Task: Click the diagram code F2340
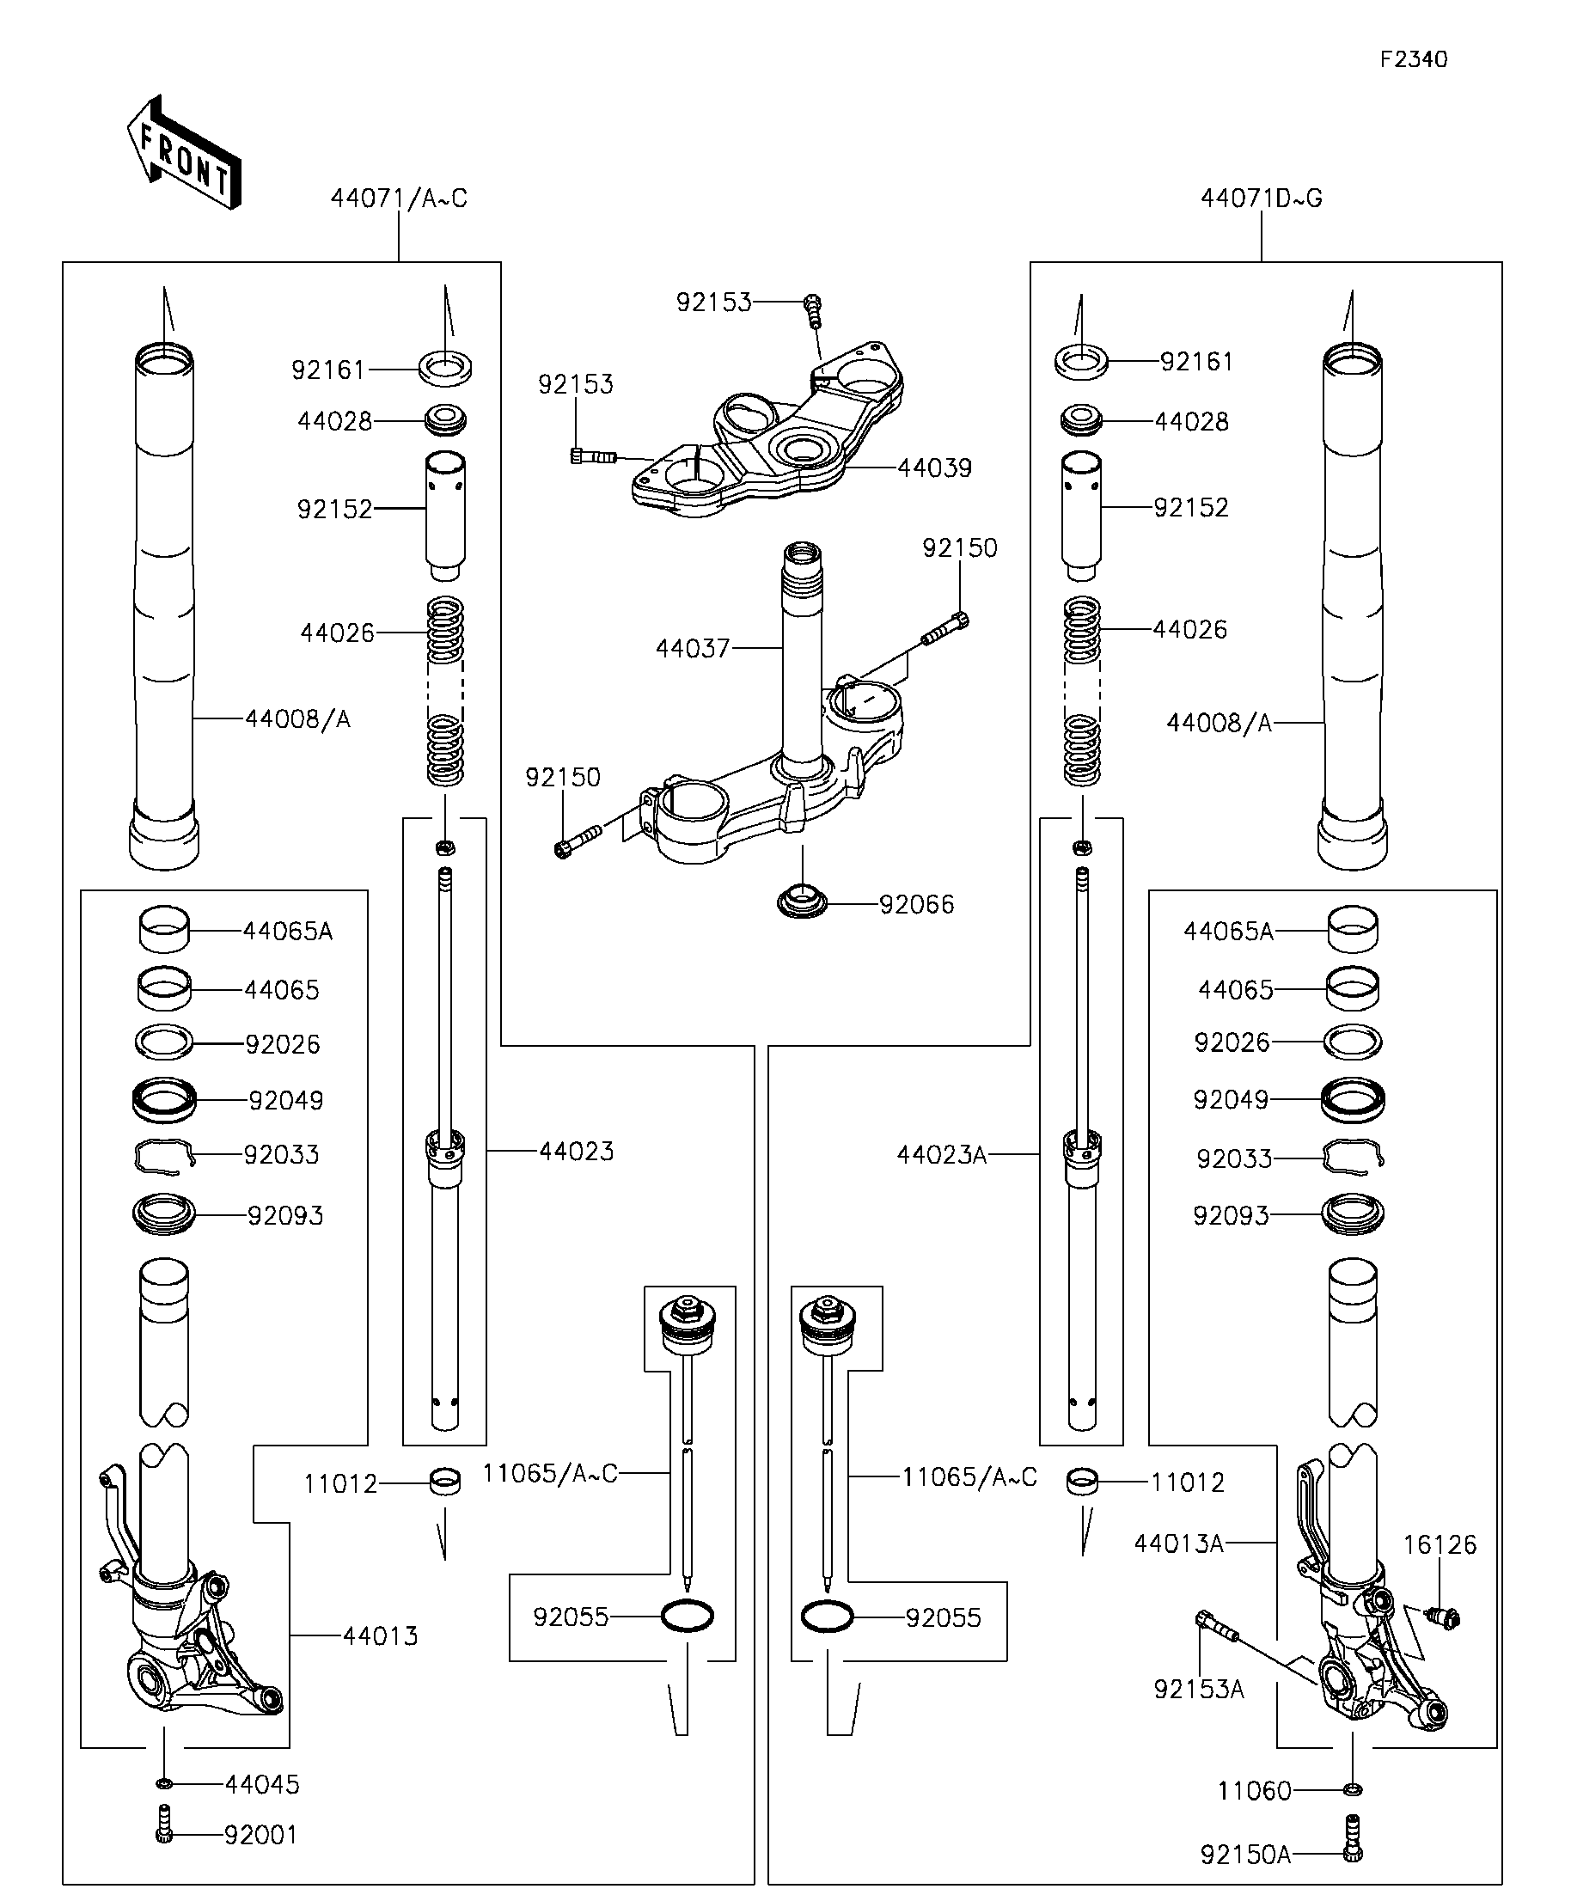1413,59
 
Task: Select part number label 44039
934,468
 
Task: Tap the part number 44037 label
692,649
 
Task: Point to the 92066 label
916,904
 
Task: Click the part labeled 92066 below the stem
802,902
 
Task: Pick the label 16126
1440,1545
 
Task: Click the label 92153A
1198,1690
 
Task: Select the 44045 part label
261,1784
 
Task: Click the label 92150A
1245,1855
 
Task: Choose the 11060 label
1254,1790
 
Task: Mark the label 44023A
941,1155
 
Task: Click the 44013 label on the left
380,1636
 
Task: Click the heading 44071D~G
1261,199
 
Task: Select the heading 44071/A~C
399,199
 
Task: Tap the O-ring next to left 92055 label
688,1617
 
